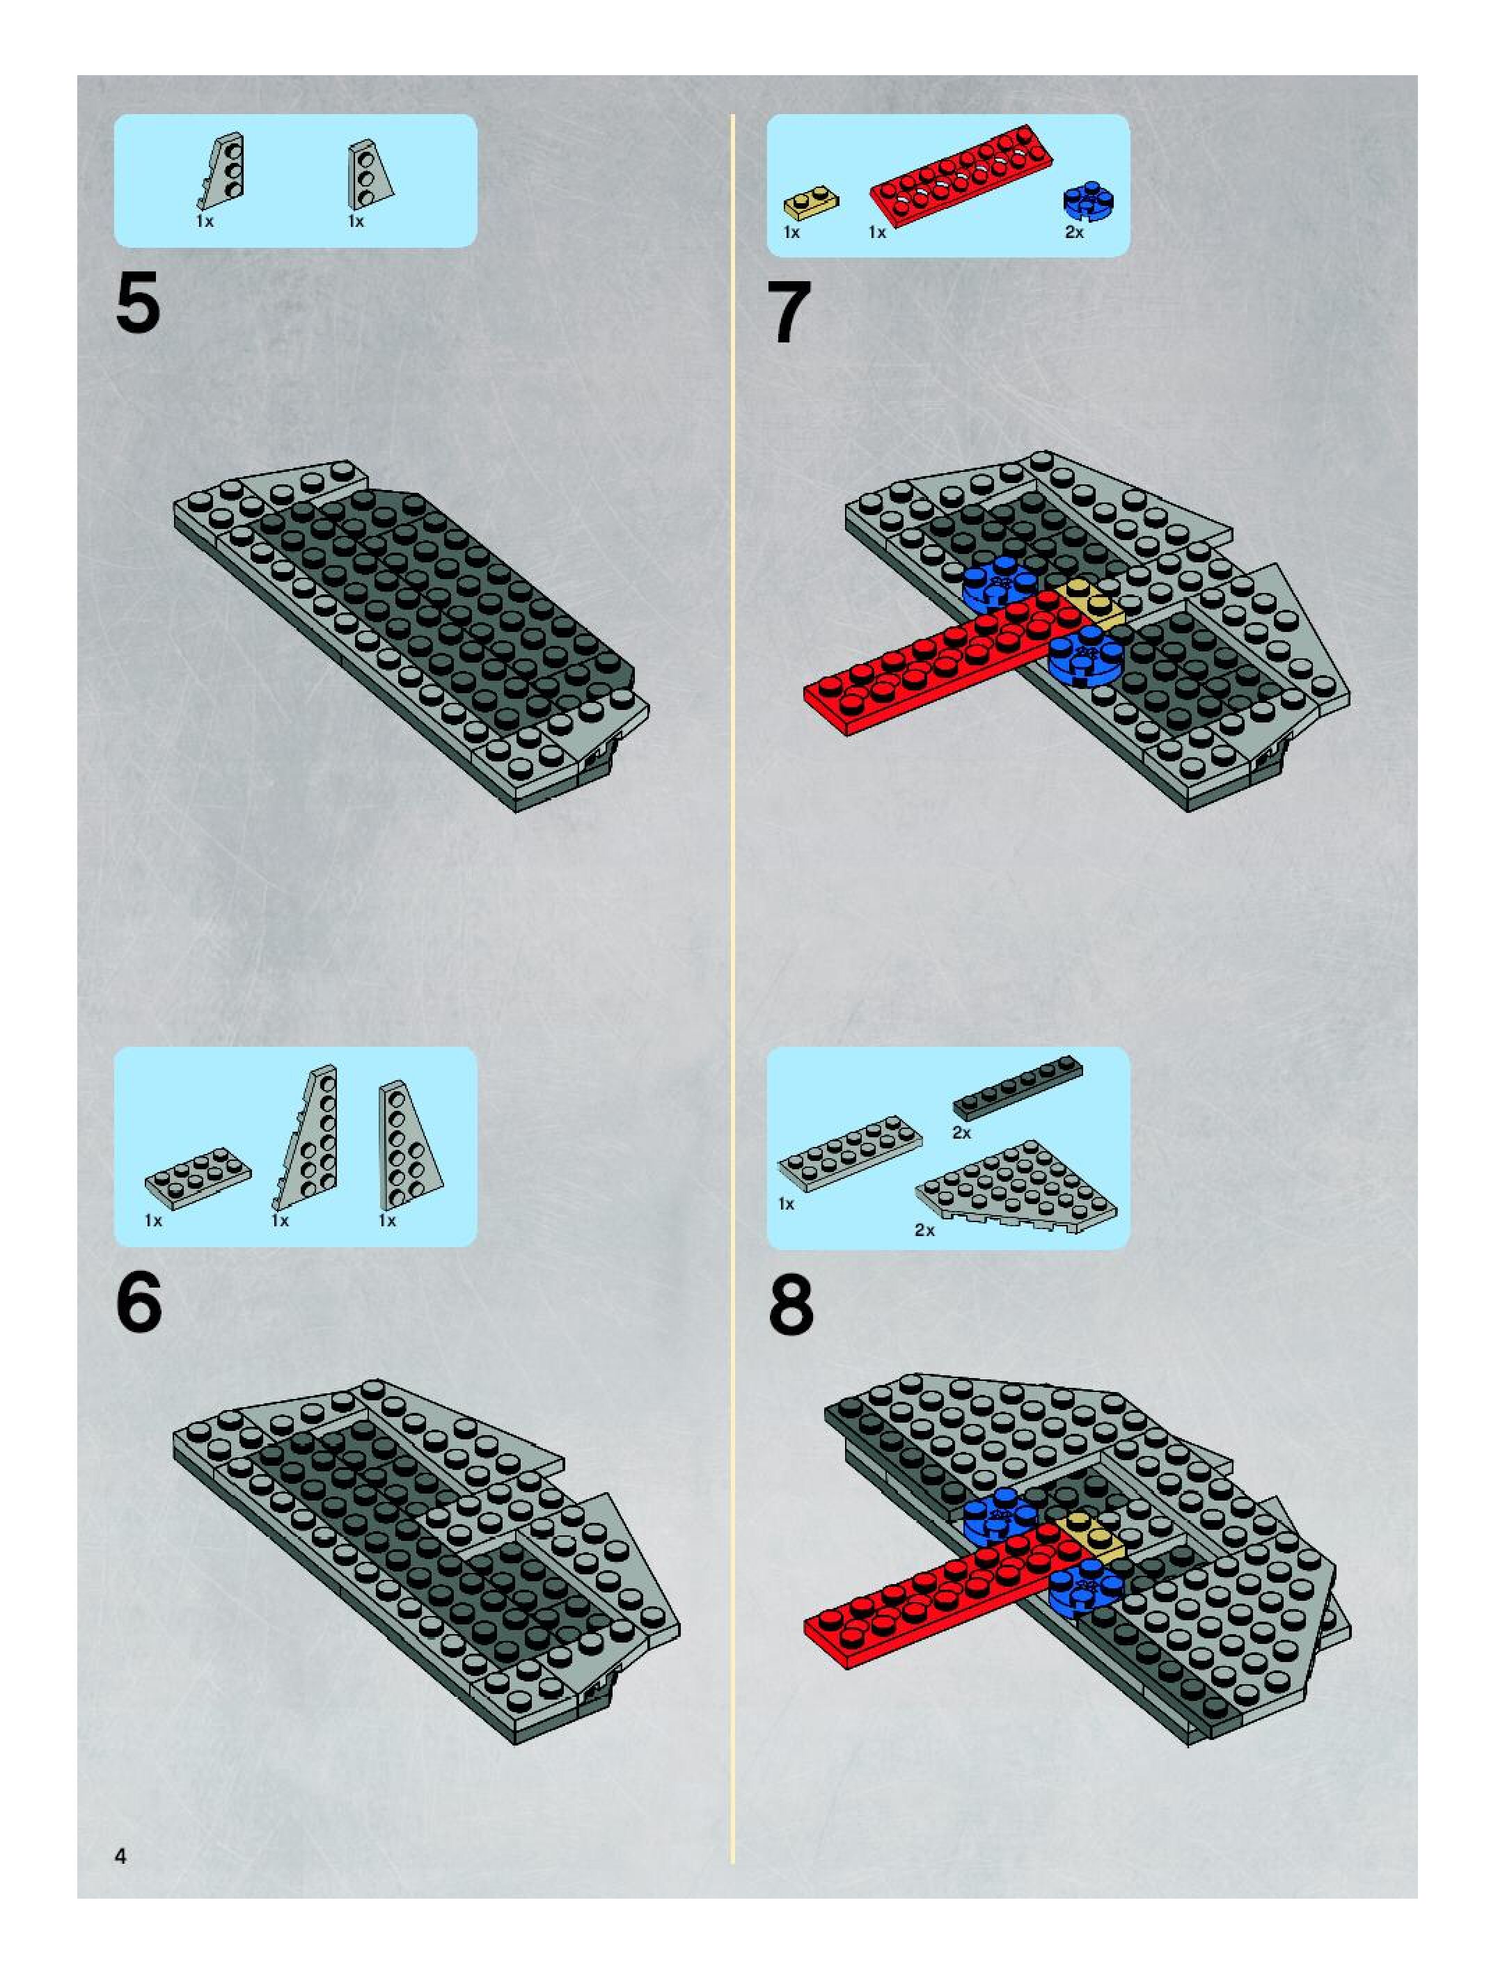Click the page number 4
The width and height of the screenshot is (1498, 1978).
(x=120, y=1856)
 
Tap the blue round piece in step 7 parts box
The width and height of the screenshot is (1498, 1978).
(x=1089, y=201)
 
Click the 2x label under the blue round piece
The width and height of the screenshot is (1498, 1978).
(x=1074, y=232)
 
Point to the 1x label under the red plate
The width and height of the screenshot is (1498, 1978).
(x=877, y=232)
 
